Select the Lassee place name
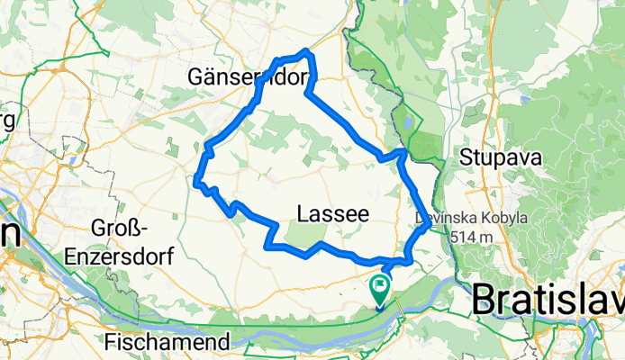[x=332, y=214]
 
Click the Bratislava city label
[x=548, y=299]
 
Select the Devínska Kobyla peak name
[x=457, y=218]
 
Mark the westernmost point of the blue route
[x=195, y=179]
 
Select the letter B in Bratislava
[x=485, y=300]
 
